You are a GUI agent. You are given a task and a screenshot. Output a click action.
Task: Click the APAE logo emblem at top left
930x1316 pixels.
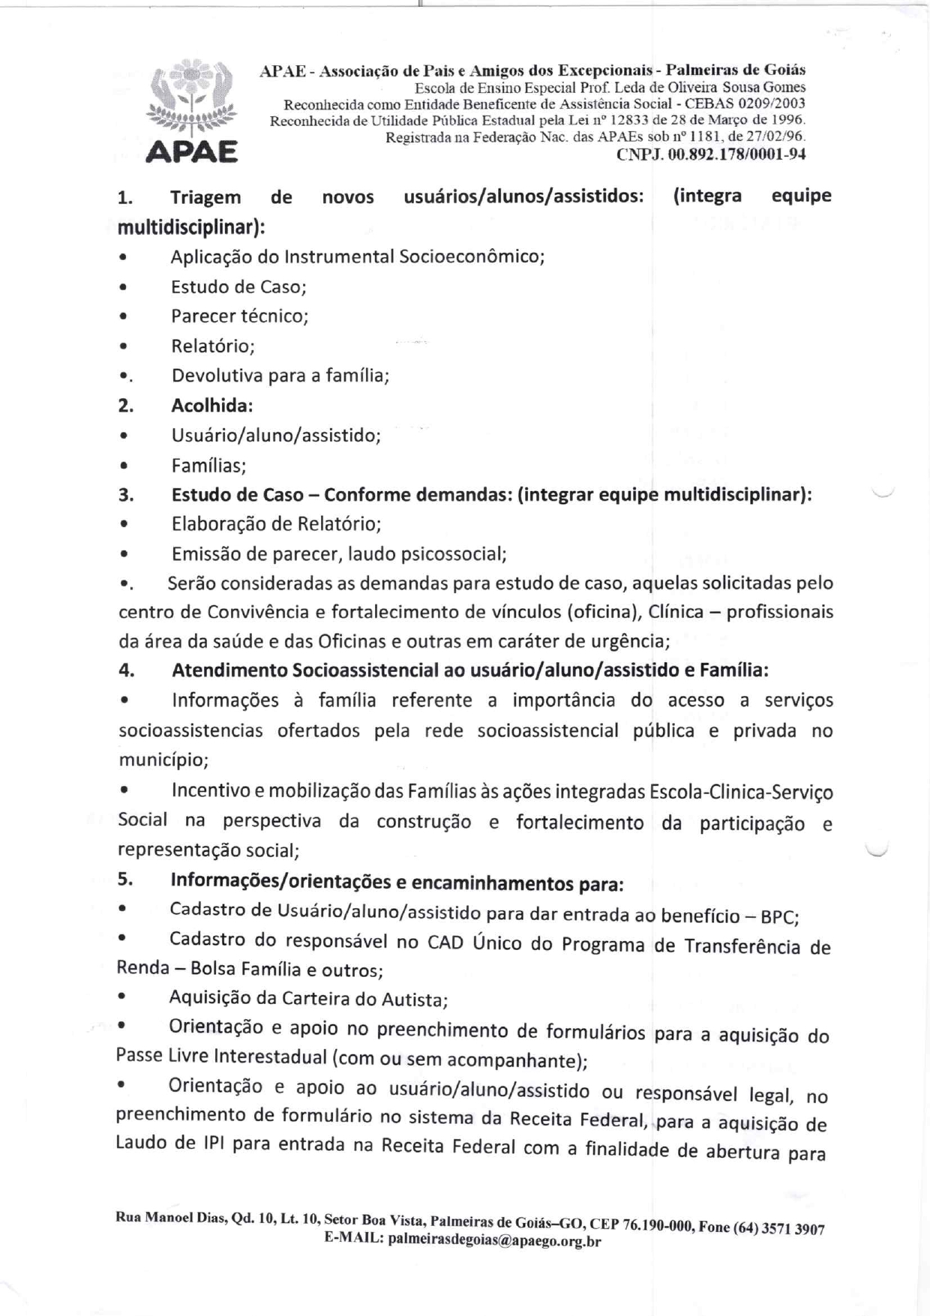tap(191, 112)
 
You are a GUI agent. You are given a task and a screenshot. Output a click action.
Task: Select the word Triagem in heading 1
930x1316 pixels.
tap(205, 197)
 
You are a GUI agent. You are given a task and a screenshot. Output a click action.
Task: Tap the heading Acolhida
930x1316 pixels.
tap(211, 406)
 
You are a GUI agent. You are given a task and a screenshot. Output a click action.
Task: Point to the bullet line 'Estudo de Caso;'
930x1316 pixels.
tap(238, 286)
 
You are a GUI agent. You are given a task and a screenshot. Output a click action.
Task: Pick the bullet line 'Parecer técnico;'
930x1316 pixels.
tap(240, 316)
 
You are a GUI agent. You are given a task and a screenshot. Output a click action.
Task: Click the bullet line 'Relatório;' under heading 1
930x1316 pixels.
tap(213, 346)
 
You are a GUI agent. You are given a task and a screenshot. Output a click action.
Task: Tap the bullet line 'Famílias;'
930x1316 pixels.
tap(208, 466)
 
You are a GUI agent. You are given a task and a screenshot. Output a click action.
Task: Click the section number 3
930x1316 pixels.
tap(125, 495)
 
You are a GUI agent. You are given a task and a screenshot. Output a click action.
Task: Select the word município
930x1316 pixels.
tap(163, 760)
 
